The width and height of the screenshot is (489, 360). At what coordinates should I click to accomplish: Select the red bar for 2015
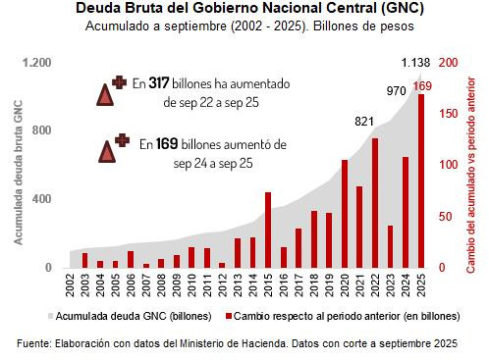268,230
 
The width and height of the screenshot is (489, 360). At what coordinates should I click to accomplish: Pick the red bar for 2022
375,202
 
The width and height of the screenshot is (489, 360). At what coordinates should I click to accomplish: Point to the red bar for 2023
391,246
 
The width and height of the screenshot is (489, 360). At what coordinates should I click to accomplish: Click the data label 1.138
417,64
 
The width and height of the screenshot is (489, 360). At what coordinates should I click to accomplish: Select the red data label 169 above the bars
422,86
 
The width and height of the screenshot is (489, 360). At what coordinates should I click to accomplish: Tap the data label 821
364,121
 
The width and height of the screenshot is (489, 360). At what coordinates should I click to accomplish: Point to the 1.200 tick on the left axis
36,63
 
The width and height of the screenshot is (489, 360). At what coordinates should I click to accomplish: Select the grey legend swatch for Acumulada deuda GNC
49,317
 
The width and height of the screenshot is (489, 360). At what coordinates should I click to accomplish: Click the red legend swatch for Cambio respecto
229,317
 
